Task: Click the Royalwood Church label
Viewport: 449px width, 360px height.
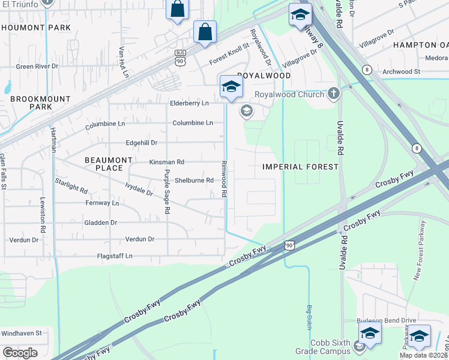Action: pos(291,94)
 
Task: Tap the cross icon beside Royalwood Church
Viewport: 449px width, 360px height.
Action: pos(333,94)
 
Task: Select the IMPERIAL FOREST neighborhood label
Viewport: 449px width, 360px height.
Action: pos(301,166)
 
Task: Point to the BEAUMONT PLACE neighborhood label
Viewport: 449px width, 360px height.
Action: pos(108,164)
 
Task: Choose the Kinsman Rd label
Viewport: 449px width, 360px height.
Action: pos(166,162)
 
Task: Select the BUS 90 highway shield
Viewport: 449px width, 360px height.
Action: pos(179,58)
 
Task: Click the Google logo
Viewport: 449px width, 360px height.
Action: pos(20,353)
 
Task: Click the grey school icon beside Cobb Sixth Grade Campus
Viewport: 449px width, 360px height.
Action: pos(359,346)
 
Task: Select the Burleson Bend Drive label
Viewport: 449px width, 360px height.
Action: pos(382,321)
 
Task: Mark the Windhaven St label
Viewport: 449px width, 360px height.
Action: pos(21,333)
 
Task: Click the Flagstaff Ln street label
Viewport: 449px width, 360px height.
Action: pos(115,256)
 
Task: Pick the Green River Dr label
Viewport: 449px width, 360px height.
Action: pos(37,67)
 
